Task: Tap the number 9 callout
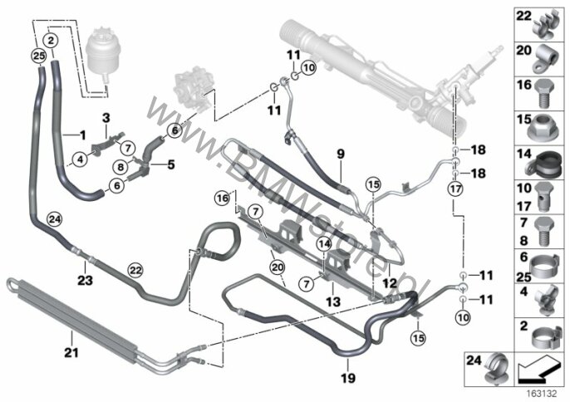pyautogui.click(x=339, y=153)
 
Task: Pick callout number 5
pyautogui.click(x=170, y=164)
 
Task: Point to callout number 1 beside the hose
pyautogui.click(x=83, y=134)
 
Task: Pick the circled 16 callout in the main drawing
pyautogui.click(x=223, y=198)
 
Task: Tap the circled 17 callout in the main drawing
pyautogui.click(x=456, y=189)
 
